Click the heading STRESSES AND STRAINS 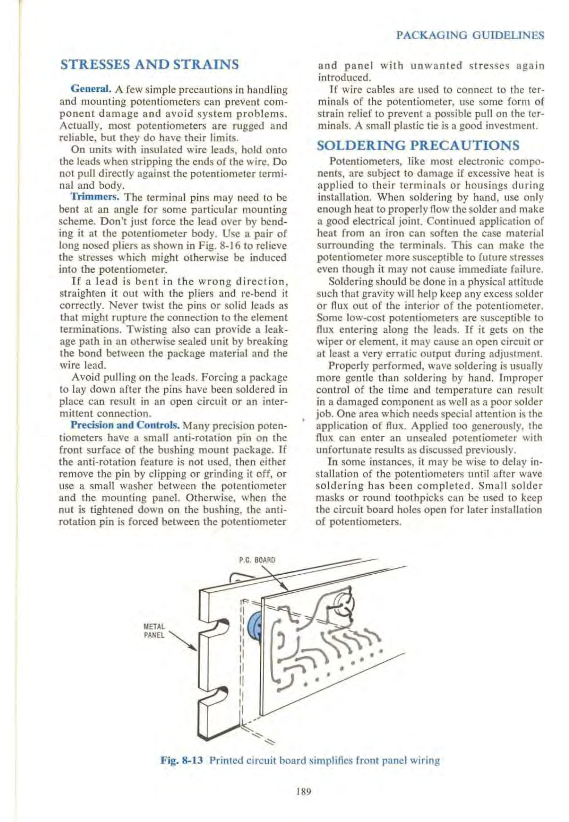[150, 64]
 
